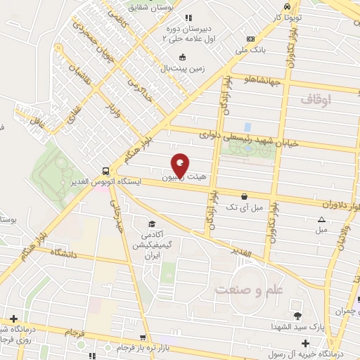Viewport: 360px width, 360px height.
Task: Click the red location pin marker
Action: tap(180, 165)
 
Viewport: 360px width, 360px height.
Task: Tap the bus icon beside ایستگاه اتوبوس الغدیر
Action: tap(105, 170)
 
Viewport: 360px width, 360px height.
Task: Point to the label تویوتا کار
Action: tap(287, 15)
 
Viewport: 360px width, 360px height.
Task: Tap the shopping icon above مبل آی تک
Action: tap(244, 196)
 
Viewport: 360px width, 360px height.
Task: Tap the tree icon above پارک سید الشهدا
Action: tap(297, 315)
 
